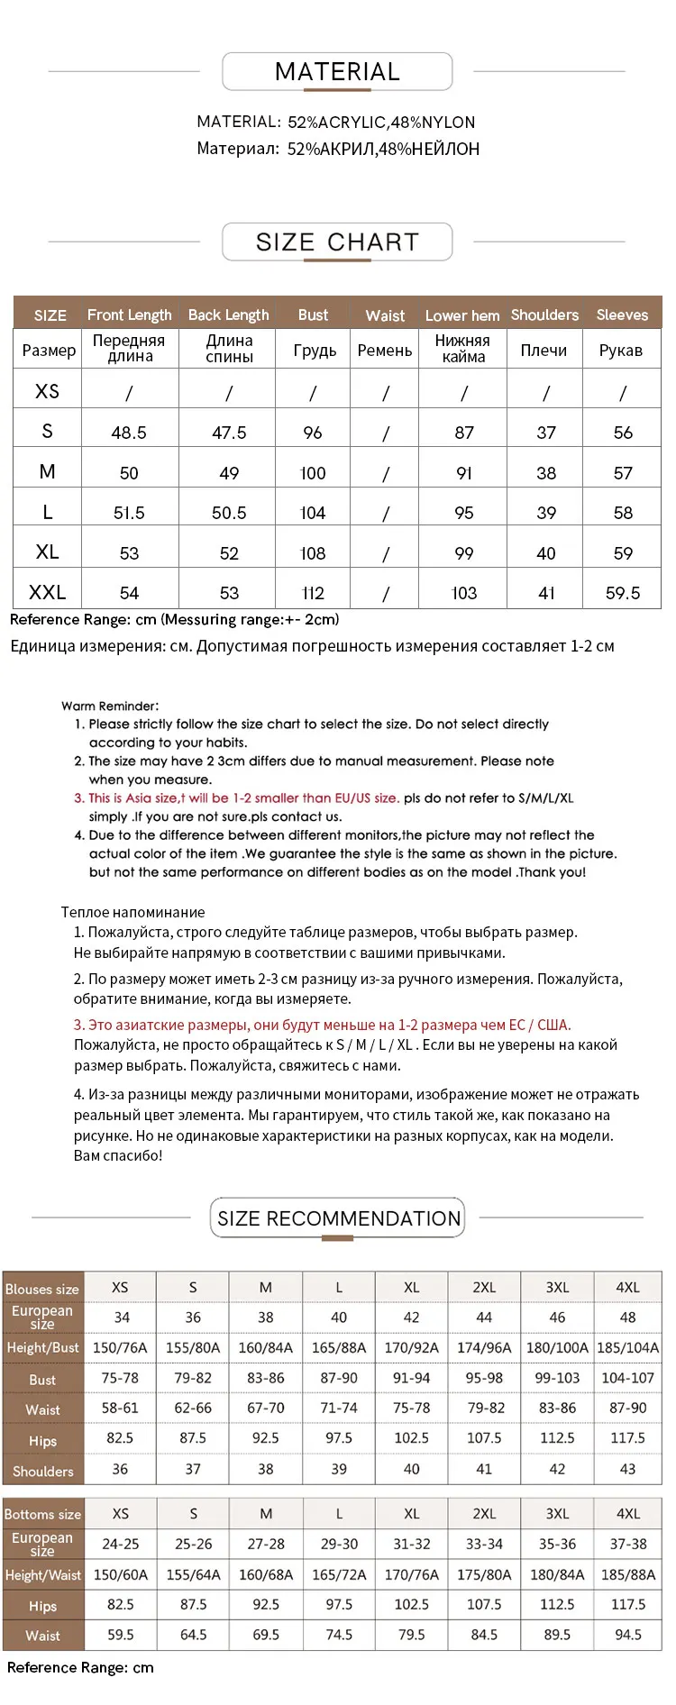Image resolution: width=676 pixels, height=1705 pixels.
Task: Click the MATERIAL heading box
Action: tap(337, 72)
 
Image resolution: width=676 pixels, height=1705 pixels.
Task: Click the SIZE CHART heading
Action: tap(337, 242)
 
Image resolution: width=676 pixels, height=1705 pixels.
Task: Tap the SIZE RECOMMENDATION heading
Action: tap(338, 1218)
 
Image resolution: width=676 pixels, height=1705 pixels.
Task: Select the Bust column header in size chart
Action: tap(313, 315)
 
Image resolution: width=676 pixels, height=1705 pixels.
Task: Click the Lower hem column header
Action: tap(462, 315)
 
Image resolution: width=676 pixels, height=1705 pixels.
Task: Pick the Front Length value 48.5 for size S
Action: tap(129, 433)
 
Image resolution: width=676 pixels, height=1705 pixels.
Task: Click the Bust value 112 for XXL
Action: tap(313, 593)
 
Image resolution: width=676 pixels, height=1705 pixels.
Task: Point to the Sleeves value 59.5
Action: tap(623, 593)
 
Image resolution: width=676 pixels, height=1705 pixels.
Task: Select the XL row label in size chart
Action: tap(47, 552)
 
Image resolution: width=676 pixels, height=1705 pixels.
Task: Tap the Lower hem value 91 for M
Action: tap(464, 473)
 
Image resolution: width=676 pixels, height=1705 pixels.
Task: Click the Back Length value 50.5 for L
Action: tap(229, 513)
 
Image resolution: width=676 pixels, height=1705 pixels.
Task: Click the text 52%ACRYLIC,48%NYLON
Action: tap(381, 123)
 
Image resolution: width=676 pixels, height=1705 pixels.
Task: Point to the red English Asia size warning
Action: tap(236, 798)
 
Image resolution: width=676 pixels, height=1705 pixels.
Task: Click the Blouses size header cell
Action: tap(42, 1289)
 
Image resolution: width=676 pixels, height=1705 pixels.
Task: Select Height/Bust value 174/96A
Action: tap(484, 1347)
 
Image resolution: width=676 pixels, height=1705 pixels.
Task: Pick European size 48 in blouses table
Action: tap(627, 1317)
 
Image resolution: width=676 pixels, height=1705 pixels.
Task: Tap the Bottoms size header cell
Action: tap(42, 1514)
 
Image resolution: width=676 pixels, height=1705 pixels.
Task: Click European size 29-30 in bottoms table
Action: tap(339, 1544)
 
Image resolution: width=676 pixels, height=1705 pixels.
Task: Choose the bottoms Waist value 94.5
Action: tap(627, 1634)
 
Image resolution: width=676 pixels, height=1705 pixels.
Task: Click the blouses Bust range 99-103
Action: tap(557, 1378)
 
